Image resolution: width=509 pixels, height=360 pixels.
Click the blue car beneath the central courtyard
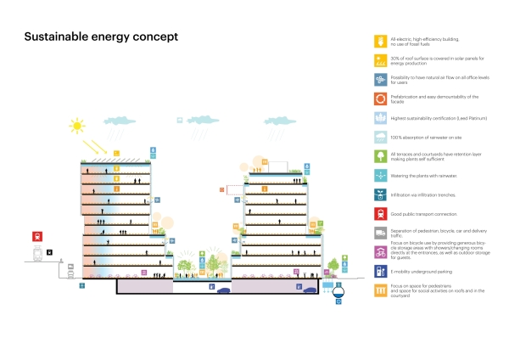click(x=223, y=290)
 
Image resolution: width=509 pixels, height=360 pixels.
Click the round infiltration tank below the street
click(x=340, y=294)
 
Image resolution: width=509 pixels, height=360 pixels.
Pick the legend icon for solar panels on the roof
click(x=381, y=60)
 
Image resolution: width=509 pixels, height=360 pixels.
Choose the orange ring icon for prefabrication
click(x=381, y=98)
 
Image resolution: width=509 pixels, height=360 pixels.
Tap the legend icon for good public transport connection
click(x=381, y=213)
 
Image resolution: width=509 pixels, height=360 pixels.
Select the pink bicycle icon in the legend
click(x=381, y=251)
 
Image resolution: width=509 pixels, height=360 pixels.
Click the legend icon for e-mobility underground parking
click(x=381, y=272)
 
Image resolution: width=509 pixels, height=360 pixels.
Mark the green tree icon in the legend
click(x=381, y=156)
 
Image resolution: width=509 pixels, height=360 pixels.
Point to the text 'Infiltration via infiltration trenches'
click(x=424, y=194)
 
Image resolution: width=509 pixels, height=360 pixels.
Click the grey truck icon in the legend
click(x=381, y=233)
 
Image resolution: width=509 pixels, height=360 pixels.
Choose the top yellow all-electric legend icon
click(x=381, y=41)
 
